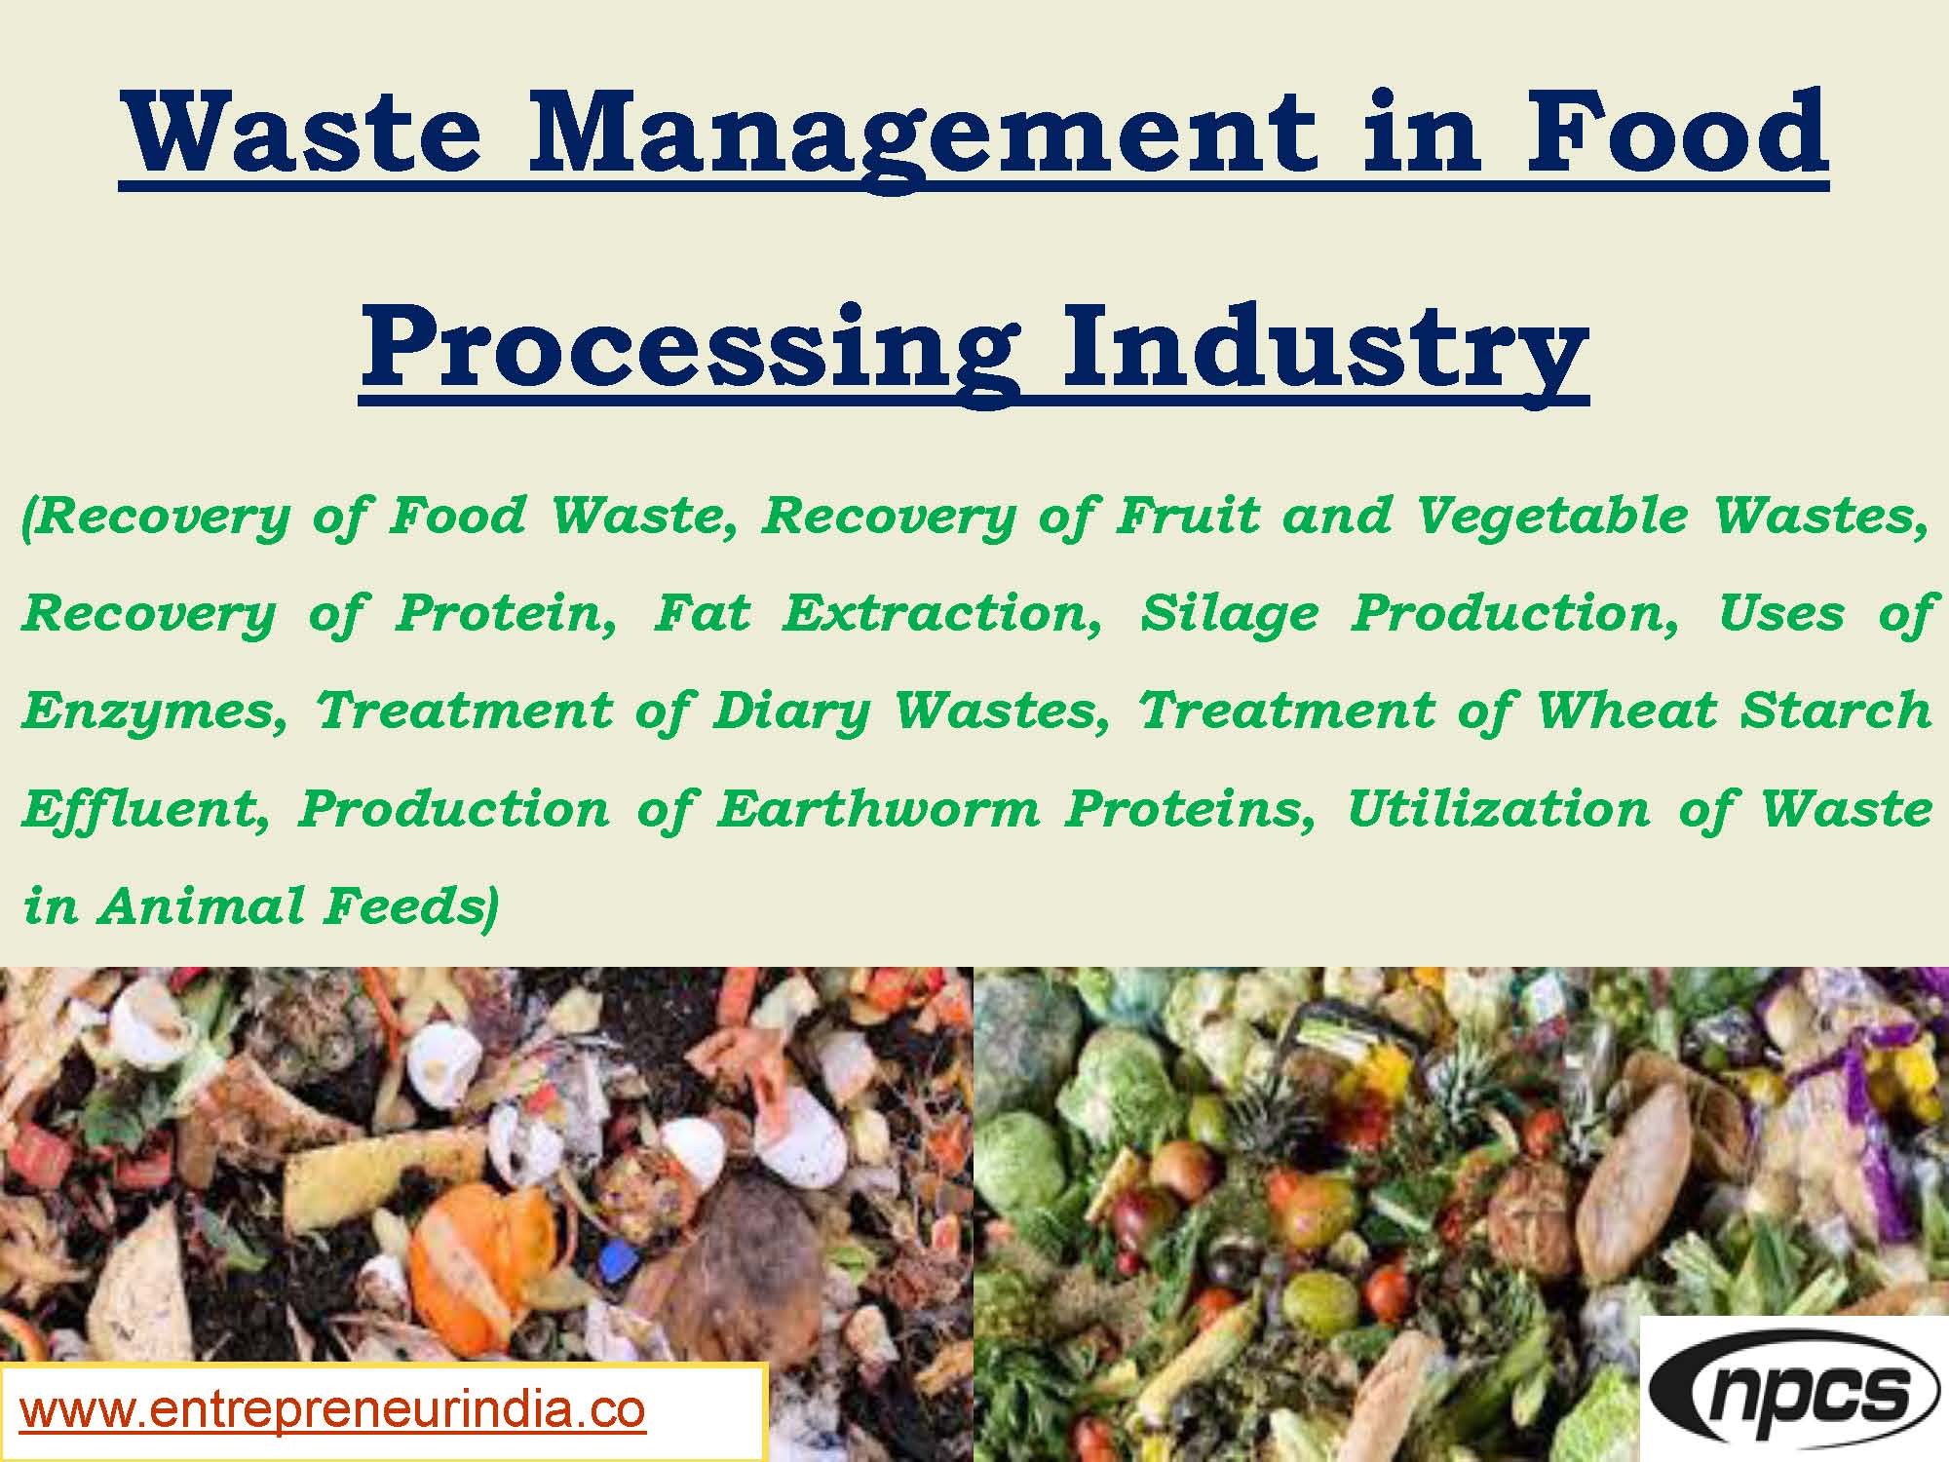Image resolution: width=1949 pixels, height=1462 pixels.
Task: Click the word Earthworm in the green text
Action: tap(877, 809)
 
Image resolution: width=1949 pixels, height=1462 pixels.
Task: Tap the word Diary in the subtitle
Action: tap(790, 712)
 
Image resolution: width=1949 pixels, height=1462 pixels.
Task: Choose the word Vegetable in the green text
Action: tap(1550, 517)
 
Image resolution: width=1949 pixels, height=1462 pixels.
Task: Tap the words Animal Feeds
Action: tap(292, 906)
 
